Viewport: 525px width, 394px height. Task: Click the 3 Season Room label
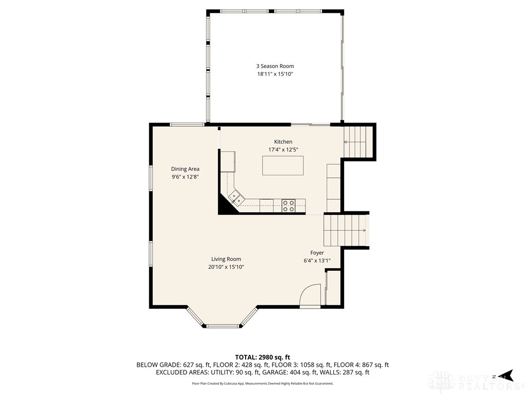[x=275, y=66]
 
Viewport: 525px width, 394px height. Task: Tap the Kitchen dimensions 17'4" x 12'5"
[x=283, y=150]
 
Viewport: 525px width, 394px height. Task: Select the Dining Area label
[x=185, y=169]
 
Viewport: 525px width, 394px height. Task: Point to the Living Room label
[x=226, y=259]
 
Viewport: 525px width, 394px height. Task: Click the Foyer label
[x=317, y=253]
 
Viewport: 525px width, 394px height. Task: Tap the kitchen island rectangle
[x=283, y=166]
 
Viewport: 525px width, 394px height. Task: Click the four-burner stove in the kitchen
[x=288, y=206]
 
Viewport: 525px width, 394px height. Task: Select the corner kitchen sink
[x=235, y=198]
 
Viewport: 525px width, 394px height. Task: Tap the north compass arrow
[x=506, y=375]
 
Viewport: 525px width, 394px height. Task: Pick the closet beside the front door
[x=333, y=288]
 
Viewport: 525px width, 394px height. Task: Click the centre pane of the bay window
[x=223, y=326]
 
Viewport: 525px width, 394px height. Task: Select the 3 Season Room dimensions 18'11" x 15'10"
[x=275, y=74]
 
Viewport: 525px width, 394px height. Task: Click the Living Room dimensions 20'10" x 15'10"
[x=226, y=267]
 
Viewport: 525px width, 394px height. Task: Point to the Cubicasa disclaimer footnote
[x=262, y=383]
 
